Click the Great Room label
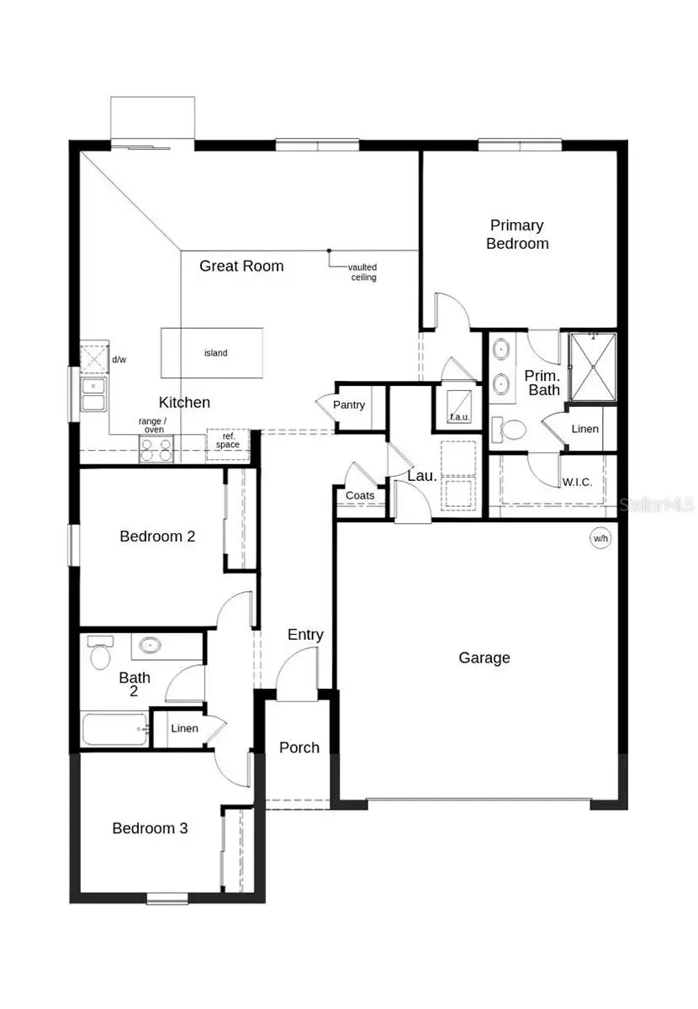(241, 267)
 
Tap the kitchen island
(212, 353)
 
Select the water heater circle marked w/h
(600, 539)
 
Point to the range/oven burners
(156, 450)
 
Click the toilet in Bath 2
(99, 652)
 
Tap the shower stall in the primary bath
(593, 366)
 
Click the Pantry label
(349, 405)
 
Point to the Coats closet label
(361, 496)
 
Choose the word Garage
(484, 658)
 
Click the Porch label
(299, 748)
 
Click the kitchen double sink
(93, 394)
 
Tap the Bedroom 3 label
(150, 829)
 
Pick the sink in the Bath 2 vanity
(151, 646)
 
